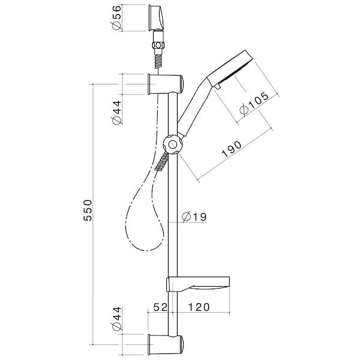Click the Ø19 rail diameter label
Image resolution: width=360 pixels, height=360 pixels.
tap(194, 217)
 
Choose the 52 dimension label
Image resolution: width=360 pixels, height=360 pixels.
tap(159, 308)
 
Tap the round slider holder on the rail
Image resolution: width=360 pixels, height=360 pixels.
tap(172, 145)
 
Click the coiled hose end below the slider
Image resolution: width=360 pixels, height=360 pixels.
tap(162, 161)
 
